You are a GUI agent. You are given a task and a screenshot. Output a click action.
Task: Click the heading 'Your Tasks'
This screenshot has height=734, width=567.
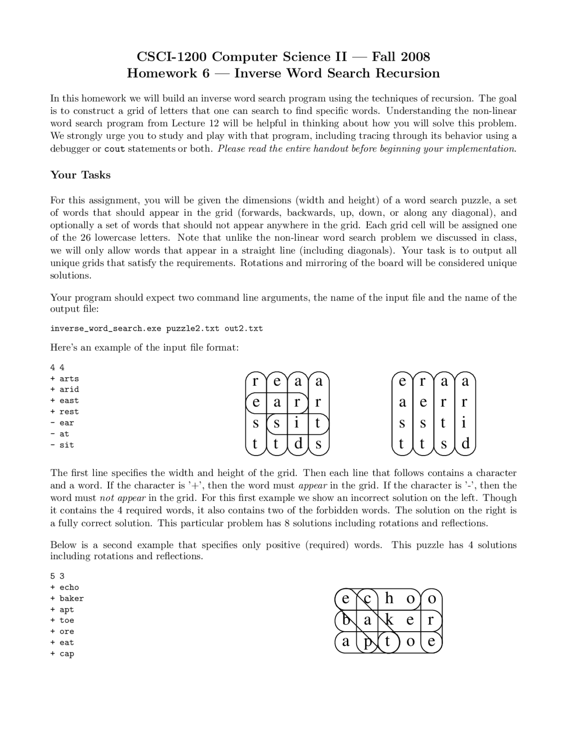80,175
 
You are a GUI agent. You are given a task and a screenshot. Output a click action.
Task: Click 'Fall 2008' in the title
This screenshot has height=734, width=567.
400,57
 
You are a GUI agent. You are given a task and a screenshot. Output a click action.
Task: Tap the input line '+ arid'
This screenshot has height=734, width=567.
65,390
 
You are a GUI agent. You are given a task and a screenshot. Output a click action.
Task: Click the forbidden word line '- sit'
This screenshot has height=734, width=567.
62,445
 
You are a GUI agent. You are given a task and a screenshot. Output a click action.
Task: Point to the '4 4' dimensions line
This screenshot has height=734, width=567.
57,367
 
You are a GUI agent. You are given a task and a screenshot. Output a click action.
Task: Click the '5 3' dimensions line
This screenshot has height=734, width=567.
57,576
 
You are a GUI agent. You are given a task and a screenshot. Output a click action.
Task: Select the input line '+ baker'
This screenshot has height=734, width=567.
67,598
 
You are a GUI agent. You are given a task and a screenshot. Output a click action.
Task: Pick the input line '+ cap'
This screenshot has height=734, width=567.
62,654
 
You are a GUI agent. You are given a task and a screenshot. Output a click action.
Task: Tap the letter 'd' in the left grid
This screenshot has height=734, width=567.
298,444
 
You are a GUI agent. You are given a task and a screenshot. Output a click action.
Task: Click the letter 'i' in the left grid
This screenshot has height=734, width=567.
297,423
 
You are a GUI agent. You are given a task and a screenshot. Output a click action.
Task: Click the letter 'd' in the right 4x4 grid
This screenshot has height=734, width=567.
465,444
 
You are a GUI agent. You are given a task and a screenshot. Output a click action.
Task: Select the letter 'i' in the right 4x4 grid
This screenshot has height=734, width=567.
464,423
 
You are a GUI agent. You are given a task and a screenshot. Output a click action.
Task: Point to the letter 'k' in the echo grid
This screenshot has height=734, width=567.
389,620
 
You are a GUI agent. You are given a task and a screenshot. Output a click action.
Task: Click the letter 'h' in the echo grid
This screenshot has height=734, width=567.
389,598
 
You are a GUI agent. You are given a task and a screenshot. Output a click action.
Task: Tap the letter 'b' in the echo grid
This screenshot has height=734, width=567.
346,620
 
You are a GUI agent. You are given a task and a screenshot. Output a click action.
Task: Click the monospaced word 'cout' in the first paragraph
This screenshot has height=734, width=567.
114,149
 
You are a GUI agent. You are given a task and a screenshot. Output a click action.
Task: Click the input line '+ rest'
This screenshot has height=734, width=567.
65,412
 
